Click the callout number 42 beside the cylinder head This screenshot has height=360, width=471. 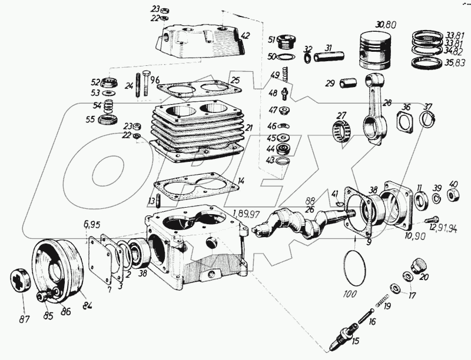click(x=245, y=35)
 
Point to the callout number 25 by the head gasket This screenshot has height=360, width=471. click(x=235, y=80)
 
